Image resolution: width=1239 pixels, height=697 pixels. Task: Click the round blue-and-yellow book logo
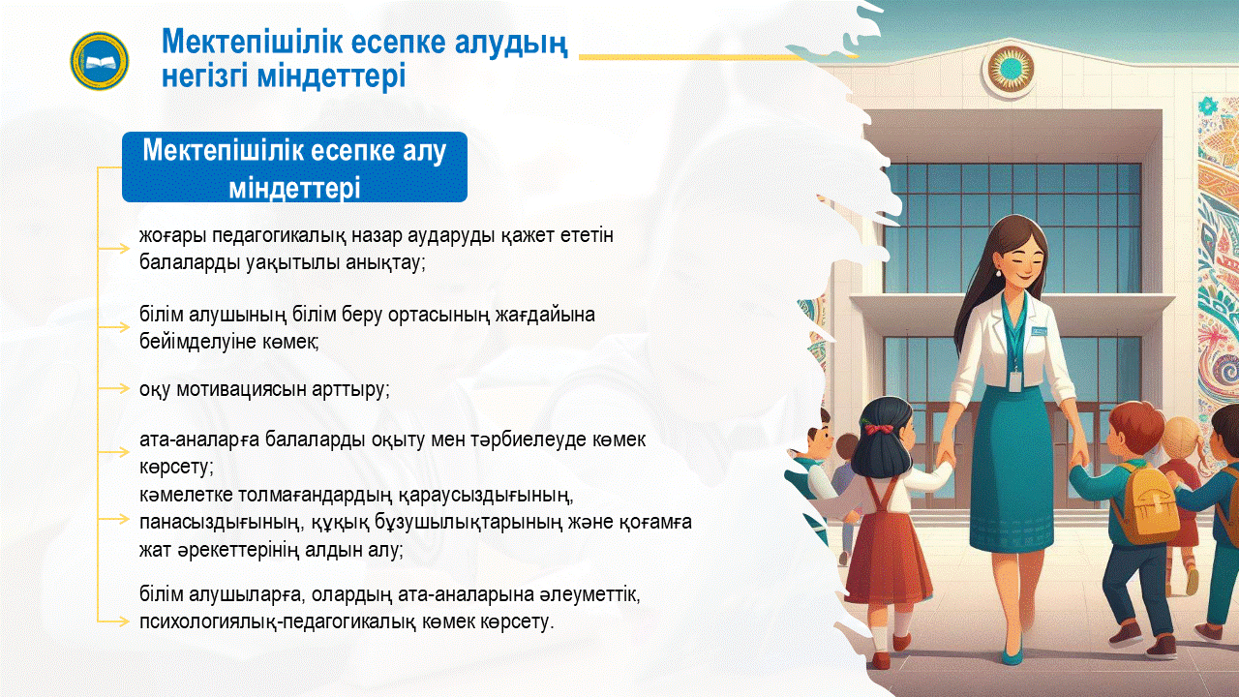pyautogui.click(x=100, y=61)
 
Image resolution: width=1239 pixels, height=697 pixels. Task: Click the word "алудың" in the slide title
pyautogui.click(x=511, y=43)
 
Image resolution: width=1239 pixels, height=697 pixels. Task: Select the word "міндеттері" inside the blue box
pyautogui.click(x=295, y=188)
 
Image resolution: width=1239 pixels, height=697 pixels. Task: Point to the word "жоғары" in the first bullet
pyautogui.click(x=172, y=236)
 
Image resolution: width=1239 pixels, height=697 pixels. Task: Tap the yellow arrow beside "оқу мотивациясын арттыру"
pyautogui.click(x=114, y=389)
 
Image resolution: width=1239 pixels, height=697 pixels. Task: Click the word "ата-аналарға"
pyautogui.click(x=199, y=440)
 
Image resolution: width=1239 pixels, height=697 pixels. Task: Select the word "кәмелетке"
pyautogui.click(x=186, y=494)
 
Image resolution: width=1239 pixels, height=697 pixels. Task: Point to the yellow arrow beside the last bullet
pyautogui.click(x=114, y=621)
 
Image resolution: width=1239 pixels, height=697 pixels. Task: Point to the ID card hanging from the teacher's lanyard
pyautogui.click(x=1014, y=381)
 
